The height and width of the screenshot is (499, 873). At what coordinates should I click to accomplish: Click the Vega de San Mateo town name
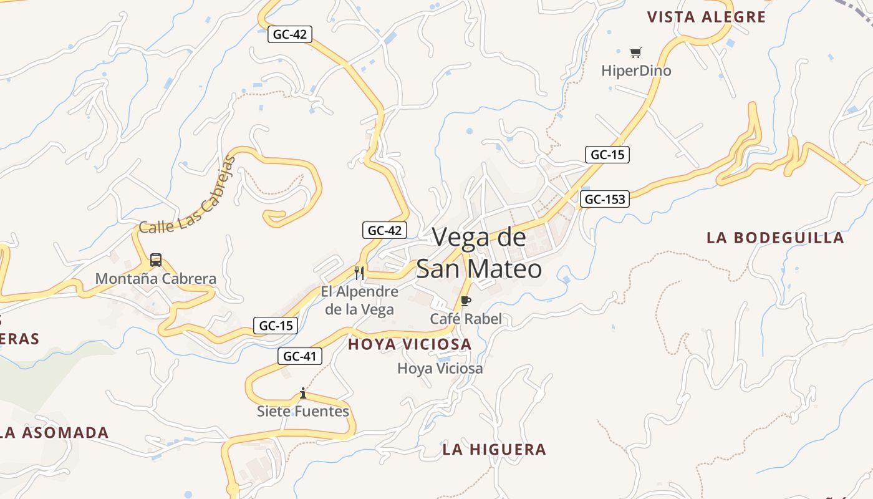(479, 253)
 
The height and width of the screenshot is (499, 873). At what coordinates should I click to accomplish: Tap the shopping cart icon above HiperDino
(635, 53)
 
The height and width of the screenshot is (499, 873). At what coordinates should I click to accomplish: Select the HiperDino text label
(636, 71)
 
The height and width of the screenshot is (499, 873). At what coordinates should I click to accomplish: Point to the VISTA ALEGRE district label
(706, 17)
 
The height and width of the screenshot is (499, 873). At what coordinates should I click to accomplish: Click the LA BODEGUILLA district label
(775, 238)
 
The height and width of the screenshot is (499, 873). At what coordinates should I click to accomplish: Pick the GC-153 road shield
(604, 200)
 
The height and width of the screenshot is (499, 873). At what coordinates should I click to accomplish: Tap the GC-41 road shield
(300, 357)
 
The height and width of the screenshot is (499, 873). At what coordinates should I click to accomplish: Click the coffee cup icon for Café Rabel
(465, 302)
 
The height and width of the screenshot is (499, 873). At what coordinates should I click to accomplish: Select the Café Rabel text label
(466, 319)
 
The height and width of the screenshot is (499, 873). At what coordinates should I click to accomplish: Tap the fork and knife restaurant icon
(359, 273)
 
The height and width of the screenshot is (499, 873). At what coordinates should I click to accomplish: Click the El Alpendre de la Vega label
(359, 301)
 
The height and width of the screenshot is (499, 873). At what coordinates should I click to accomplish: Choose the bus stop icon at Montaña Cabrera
(156, 261)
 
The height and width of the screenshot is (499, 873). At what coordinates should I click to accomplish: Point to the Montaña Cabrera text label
(156, 279)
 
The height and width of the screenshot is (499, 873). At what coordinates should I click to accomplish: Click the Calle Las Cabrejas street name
(187, 196)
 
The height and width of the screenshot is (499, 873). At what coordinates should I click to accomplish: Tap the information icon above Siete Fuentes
(303, 393)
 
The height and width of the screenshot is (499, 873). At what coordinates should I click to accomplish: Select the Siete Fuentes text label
(303, 412)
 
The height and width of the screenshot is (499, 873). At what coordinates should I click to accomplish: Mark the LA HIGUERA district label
(494, 450)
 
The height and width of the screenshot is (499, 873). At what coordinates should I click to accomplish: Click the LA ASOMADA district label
(55, 433)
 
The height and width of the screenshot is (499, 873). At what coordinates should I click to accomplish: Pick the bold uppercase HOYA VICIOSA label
(410, 344)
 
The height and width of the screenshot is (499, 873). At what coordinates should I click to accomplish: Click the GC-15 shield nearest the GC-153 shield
(607, 155)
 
